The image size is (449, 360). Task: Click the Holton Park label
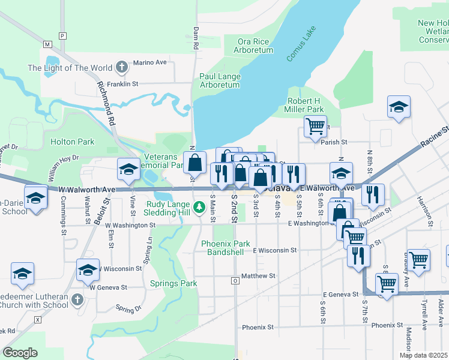click(73, 142)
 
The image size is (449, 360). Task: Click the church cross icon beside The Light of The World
click(121, 67)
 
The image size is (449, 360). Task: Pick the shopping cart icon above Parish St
click(315, 127)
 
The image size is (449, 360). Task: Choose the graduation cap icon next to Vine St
click(128, 170)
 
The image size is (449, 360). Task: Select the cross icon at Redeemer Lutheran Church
click(76, 299)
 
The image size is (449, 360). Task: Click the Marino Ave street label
click(149, 62)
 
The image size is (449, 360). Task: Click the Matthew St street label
click(258, 276)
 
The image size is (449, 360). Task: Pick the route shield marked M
click(48, 44)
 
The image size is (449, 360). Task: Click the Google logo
click(20, 353)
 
